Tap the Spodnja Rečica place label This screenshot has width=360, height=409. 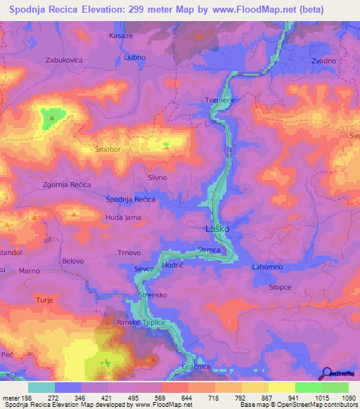click(x=130, y=200)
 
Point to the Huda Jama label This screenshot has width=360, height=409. click(x=123, y=218)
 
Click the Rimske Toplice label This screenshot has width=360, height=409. click(x=141, y=323)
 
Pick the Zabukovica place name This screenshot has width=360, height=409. click(x=65, y=60)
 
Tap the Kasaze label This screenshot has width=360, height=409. click(x=122, y=35)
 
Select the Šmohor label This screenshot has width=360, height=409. click(x=108, y=150)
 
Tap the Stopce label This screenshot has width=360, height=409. click(x=280, y=287)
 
